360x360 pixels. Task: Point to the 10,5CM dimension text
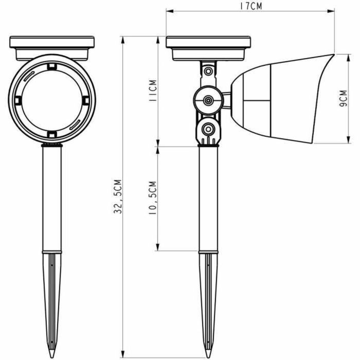(151, 198)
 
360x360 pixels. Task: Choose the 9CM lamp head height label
(342, 98)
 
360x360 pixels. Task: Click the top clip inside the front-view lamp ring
(51, 66)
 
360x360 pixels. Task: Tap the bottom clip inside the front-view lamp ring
(51, 134)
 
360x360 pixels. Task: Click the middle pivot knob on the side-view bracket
(208, 100)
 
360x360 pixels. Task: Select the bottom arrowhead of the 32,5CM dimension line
(122, 355)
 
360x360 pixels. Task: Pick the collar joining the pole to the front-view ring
(51, 146)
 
